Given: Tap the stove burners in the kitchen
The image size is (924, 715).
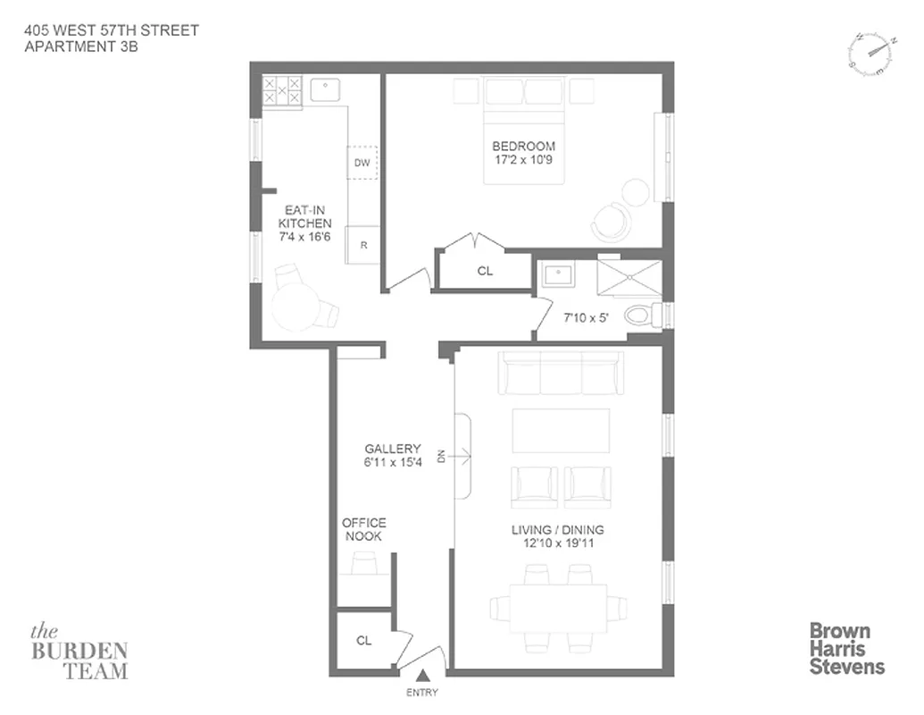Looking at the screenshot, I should [281, 91].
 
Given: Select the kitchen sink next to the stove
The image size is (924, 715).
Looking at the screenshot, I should [326, 90].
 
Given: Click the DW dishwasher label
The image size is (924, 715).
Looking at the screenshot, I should [362, 163].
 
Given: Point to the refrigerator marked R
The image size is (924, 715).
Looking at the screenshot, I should [362, 244].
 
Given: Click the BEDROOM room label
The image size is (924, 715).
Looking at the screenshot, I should [523, 146].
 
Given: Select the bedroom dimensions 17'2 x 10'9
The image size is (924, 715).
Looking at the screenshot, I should [523, 162].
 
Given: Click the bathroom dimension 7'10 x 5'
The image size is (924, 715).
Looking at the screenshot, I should [585, 317].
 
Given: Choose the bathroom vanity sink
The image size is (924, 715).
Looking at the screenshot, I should [557, 273].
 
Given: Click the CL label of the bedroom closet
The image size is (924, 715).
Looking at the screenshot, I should [484, 271].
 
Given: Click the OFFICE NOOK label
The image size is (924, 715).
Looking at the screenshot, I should [363, 529].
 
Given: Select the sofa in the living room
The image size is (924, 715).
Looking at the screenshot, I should [560, 373].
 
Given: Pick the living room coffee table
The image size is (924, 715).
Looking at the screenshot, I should [561, 431].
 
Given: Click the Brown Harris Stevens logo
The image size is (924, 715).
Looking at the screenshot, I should [846, 648].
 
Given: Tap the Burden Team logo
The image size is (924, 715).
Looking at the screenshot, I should [79, 651].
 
